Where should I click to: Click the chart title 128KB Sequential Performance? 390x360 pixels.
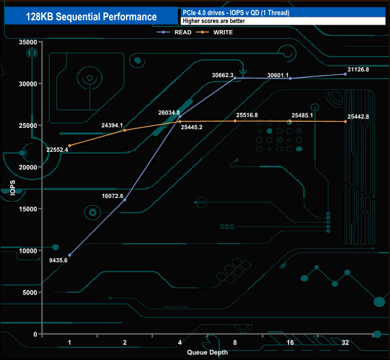point(91,17)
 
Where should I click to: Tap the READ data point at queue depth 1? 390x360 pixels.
point(70,255)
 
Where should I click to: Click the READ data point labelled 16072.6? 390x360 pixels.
point(125,199)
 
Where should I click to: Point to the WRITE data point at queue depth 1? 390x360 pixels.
point(70,146)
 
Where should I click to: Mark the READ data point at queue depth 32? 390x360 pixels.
point(345,74)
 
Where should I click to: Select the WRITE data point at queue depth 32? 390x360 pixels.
point(345,122)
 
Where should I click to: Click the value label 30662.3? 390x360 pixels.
point(223,75)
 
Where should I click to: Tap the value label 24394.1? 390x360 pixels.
point(112,125)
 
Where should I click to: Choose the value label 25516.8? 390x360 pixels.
point(247,115)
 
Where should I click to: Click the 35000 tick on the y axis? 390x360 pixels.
point(28,43)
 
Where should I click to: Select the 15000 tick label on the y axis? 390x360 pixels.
point(28,209)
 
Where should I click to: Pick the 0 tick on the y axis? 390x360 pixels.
point(35,334)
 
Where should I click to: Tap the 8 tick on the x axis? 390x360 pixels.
point(235,343)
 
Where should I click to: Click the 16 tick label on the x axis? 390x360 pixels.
point(290,343)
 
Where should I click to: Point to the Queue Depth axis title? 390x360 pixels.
point(207,353)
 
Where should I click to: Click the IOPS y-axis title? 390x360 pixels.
point(11,188)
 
